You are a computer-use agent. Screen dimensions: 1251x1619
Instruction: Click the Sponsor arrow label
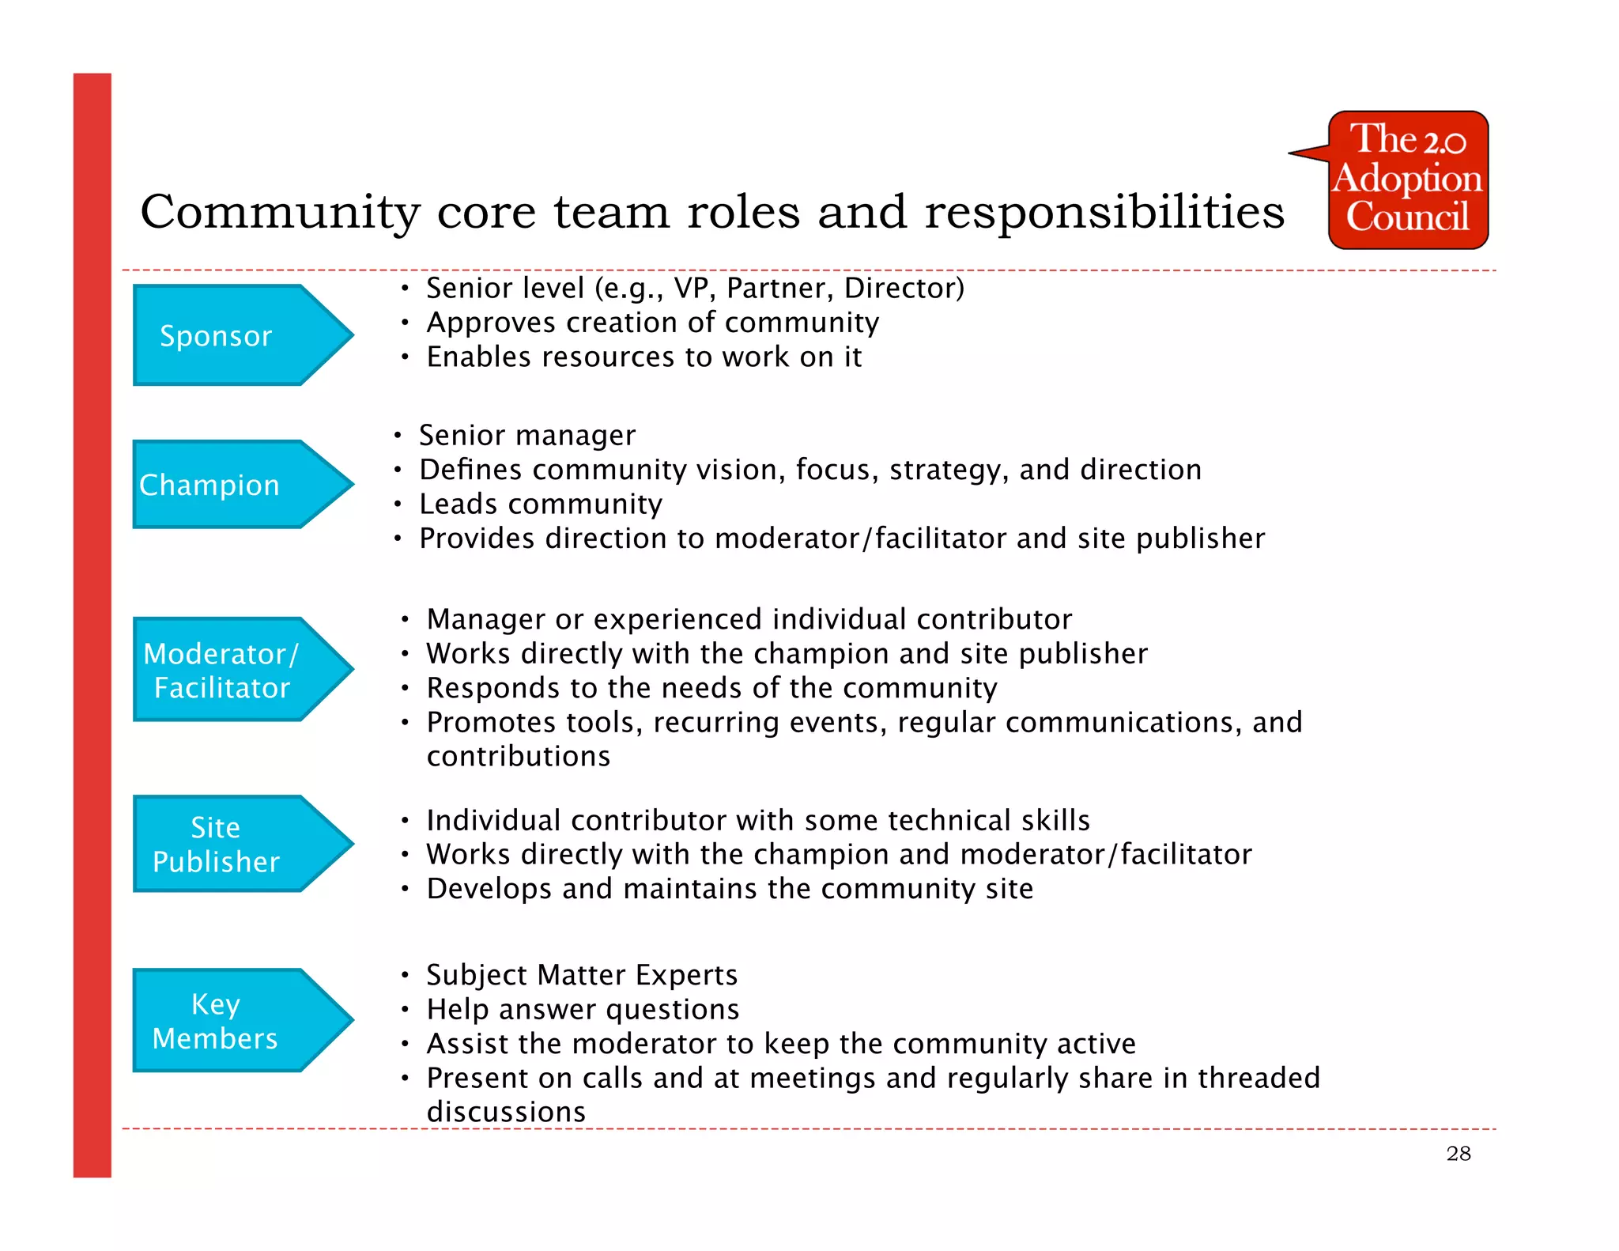click(216, 336)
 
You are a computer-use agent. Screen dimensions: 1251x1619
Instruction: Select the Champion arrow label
click(209, 485)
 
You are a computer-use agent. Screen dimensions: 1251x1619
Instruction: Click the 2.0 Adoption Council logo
click(1407, 180)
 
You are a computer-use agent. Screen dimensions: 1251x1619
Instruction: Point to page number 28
click(1459, 1154)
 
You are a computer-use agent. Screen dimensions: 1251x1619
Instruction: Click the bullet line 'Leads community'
click(541, 505)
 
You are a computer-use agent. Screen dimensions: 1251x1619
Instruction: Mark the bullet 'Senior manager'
click(527, 436)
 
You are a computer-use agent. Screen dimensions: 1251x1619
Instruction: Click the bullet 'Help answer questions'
click(583, 1010)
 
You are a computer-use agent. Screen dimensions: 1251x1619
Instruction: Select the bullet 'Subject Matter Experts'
click(582, 976)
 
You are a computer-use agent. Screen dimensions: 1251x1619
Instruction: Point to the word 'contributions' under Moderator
click(519, 757)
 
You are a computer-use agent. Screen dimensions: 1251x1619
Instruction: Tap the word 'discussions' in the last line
click(506, 1113)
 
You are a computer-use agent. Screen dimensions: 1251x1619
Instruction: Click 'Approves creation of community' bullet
click(652, 323)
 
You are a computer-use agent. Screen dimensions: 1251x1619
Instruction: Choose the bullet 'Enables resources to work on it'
click(643, 357)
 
